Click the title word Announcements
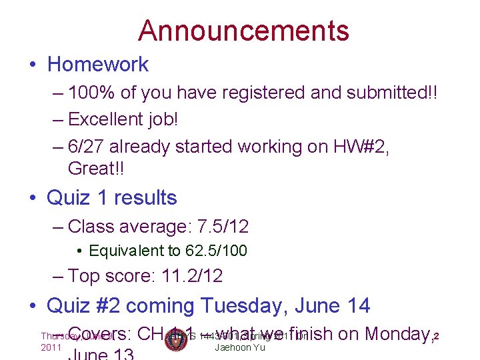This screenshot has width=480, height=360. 243,31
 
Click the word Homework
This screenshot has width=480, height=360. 98,64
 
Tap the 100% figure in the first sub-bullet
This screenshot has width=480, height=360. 93,92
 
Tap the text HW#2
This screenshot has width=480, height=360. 351,146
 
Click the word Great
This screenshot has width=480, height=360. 92,169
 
